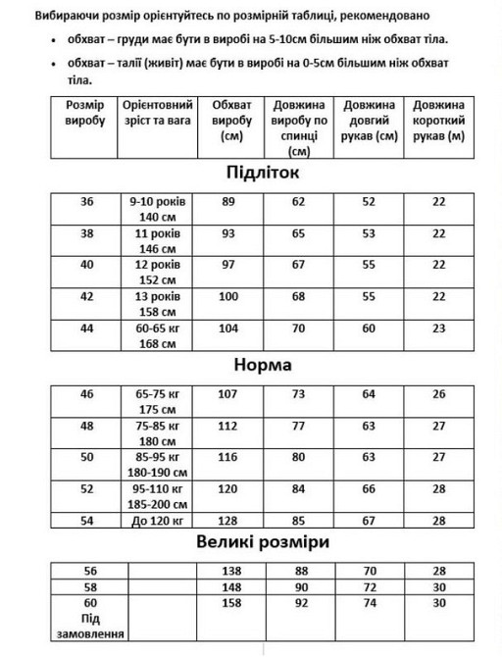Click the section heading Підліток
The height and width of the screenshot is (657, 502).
click(x=250, y=174)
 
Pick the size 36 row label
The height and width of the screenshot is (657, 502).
click(x=88, y=201)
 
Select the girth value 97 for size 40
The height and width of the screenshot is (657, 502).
click(x=229, y=266)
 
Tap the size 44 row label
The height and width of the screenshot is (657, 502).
click(x=88, y=328)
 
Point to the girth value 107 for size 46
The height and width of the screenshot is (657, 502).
click(x=229, y=394)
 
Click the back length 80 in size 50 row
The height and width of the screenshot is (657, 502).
click(x=298, y=458)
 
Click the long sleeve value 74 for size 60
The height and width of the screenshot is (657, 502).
click(x=369, y=601)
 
